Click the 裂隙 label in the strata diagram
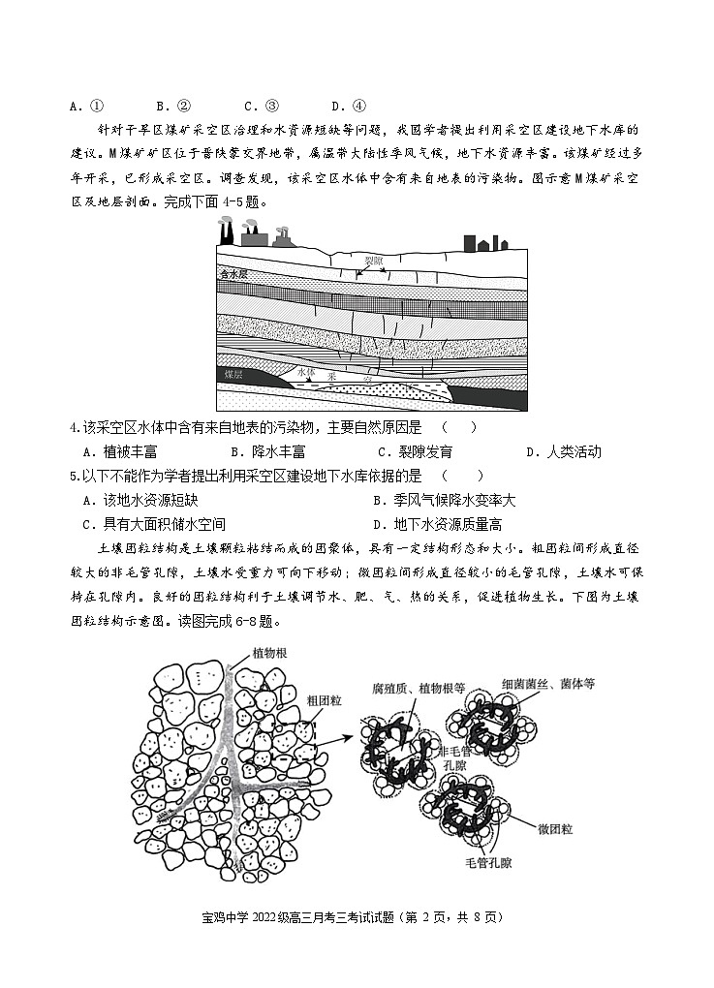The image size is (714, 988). click(x=373, y=260)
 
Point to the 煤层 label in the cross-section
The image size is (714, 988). click(x=233, y=373)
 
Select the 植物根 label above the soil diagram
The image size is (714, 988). click(x=269, y=652)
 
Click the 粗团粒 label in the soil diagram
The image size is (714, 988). click(x=323, y=699)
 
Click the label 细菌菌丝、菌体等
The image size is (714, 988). click(x=547, y=683)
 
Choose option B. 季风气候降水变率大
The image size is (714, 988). click(x=444, y=500)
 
